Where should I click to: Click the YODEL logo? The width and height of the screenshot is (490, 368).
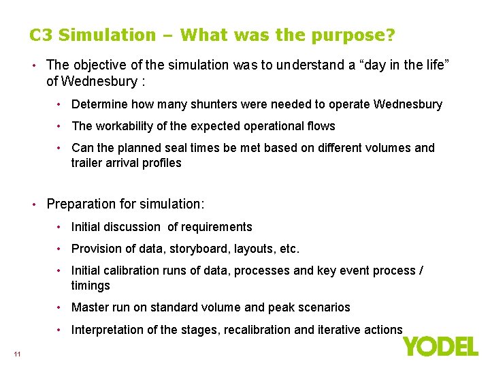point(440,346)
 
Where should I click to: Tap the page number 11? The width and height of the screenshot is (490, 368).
point(17,353)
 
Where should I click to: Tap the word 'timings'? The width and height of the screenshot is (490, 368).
point(91,286)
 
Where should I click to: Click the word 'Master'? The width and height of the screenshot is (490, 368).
point(90,307)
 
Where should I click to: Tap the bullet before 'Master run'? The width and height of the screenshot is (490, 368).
point(61,307)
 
